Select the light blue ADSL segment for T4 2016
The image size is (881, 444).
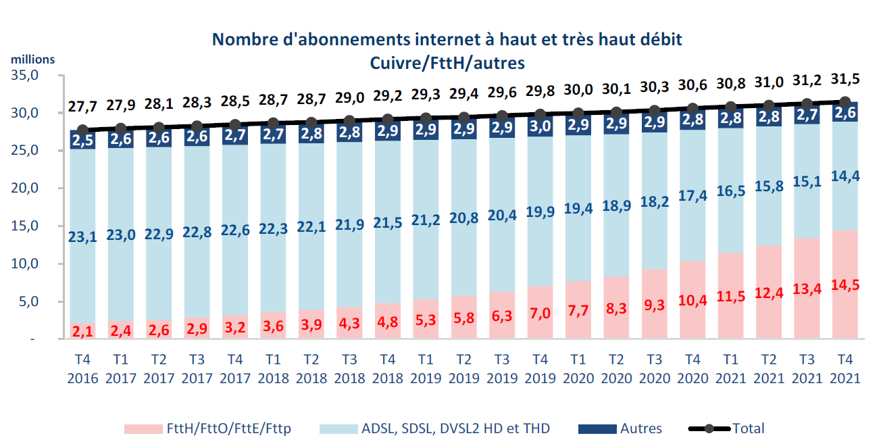tap(82, 203)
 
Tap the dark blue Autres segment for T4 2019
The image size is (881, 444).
tap(539, 126)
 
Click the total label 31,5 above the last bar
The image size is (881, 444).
tap(845, 80)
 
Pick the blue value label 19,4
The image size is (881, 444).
tap(577, 209)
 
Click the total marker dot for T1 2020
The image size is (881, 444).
tap(578, 114)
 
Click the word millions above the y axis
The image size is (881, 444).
tap(32, 59)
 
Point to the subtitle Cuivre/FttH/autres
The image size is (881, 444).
tap(447, 62)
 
